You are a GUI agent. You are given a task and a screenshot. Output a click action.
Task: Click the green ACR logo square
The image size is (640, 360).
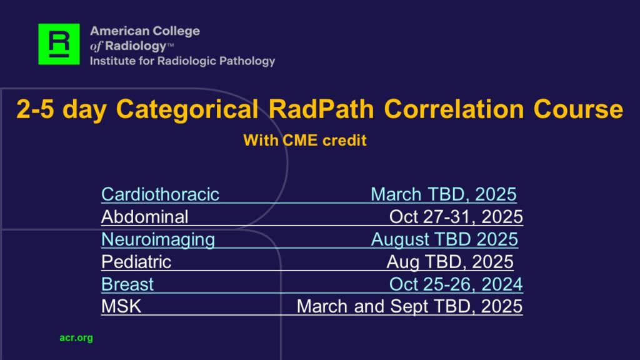59,44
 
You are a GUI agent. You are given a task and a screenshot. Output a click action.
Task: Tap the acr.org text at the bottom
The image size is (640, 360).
76,338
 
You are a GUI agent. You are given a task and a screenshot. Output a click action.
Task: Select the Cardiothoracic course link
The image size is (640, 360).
161,194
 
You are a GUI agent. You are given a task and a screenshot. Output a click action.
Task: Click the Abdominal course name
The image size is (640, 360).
145,217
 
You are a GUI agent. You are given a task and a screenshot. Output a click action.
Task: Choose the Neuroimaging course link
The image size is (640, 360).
158,239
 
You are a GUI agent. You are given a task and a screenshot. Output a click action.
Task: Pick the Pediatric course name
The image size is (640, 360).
136,262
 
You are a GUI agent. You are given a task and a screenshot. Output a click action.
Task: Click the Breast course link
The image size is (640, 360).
127,284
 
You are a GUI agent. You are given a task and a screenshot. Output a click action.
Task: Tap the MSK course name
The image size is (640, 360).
121,306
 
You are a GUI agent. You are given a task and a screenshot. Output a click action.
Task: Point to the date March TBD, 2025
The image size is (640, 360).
444,194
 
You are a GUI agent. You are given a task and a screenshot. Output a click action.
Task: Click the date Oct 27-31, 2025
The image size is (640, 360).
456,217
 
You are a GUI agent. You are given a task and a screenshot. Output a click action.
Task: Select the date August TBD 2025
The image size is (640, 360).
444,239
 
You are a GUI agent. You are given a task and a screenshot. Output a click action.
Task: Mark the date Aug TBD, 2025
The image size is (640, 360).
450,262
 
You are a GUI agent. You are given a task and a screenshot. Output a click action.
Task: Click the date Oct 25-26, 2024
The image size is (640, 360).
456,284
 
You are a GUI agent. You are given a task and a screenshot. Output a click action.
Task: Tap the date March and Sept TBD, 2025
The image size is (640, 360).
409,306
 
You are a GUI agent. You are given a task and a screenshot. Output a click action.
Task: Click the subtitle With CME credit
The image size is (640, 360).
305,141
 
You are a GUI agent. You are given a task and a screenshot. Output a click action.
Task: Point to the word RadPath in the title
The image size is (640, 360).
321,109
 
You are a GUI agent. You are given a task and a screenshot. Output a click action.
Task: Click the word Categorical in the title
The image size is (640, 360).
187,109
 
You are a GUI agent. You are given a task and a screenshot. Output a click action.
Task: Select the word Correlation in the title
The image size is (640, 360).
454,109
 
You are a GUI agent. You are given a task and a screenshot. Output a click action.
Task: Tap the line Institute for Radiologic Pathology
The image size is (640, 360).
182,61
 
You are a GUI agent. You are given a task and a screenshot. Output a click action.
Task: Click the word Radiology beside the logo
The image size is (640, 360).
136,46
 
